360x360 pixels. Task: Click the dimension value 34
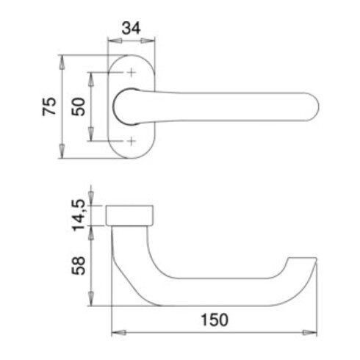131,30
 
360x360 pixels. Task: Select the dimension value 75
49,107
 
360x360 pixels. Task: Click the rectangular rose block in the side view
132,215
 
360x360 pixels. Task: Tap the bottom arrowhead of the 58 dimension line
91,303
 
